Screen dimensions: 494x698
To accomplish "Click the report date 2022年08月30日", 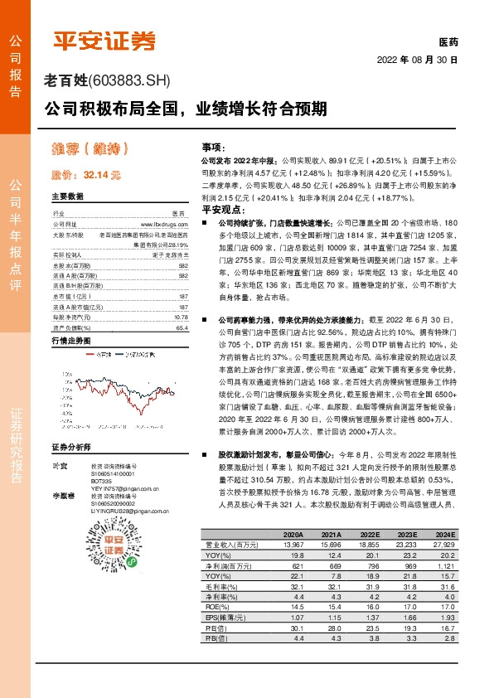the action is point(418,61).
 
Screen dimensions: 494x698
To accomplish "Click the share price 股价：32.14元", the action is point(85,175).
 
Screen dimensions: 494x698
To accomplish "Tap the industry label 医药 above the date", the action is point(448,41).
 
